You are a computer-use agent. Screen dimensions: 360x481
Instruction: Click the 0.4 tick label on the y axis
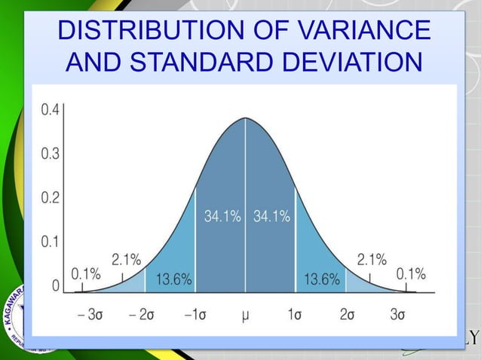[x=51, y=110]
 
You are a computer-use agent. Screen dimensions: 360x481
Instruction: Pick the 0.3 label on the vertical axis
[x=51, y=154]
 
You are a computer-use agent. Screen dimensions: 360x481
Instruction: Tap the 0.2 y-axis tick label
[x=51, y=198]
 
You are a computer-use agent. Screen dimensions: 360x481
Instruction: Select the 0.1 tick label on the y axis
[x=51, y=243]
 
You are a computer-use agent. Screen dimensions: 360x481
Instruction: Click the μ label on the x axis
[x=245, y=315]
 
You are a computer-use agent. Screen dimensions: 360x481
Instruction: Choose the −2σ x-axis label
[x=142, y=315]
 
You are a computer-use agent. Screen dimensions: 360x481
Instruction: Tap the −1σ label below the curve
[x=195, y=315]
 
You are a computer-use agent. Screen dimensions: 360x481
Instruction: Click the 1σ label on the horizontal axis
[x=296, y=315]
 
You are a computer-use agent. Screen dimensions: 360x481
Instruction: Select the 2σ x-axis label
[x=348, y=315]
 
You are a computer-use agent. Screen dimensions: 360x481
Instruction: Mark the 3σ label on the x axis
[x=399, y=315]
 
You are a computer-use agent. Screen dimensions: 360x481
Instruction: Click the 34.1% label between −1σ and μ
[x=222, y=218]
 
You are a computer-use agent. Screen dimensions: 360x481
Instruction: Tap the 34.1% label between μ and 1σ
[x=271, y=218]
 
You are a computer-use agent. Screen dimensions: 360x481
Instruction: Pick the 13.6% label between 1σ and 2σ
[x=321, y=280]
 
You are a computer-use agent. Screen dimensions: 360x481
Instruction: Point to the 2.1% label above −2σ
[x=126, y=260]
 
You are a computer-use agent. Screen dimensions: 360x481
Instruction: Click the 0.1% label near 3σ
[x=411, y=274]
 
